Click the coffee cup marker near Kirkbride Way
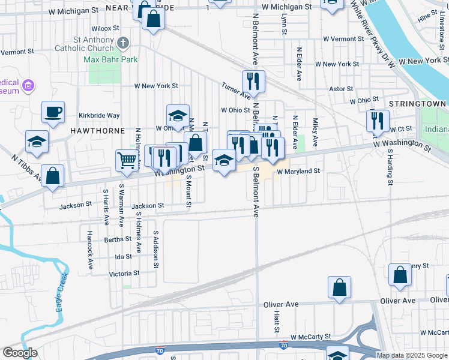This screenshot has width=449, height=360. tap(53, 112)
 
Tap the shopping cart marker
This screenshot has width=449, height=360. tap(127, 160)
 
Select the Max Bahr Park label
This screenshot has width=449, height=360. tap(110, 59)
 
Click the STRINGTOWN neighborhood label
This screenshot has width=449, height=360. tap(417, 104)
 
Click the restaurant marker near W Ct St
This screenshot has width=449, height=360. tap(378, 120)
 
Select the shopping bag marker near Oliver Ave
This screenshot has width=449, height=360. tap(339, 287)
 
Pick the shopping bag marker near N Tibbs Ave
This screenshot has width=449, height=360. tap(53, 176)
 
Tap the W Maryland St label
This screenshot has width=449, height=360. tap(298, 171)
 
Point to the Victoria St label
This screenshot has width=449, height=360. tap(124, 273)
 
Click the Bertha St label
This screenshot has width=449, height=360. tap(113, 239)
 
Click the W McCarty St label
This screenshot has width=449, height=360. tap(310, 338)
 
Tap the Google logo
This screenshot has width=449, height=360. tap(20, 353)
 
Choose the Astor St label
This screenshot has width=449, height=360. tap(341, 89)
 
